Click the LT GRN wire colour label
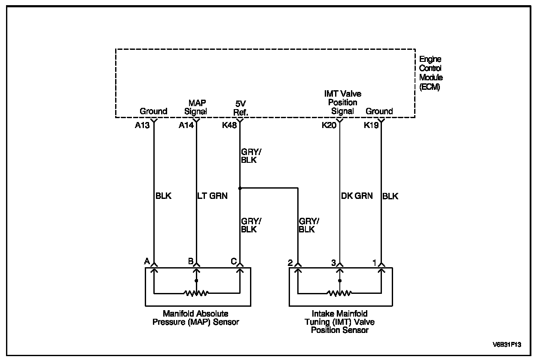pyautogui.click(x=212, y=196)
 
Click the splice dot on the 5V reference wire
pyautogui.click(x=240, y=188)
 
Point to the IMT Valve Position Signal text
pyautogui.click(x=342, y=102)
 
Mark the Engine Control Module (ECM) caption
pyautogui.click(x=430, y=73)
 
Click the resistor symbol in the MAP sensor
pyautogui.click(x=196, y=293)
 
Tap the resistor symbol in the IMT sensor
pyautogui.click(x=339, y=293)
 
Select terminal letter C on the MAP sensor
pyautogui.click(x=233, y=261)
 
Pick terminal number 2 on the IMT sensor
pyautogui.click(x=290, y=262)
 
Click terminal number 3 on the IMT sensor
pyautogui.click(x=333, y=262)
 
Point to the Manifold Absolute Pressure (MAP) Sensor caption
pyautogui.click(x=195, y=318)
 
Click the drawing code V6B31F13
pyautogui.click(x=509, y=345)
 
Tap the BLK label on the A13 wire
pyautogui.click(x=163, y=196)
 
